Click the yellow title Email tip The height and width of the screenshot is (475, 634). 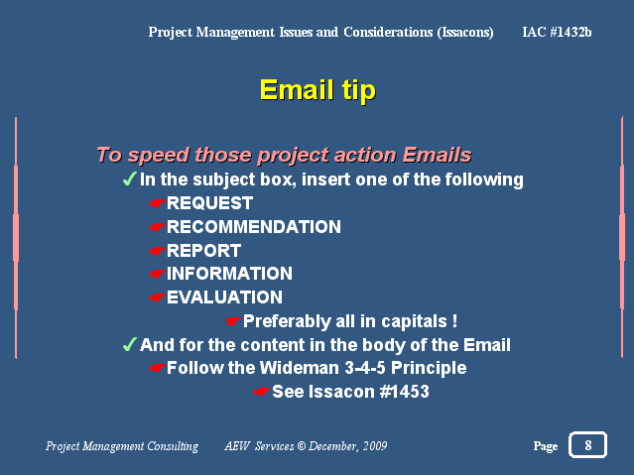(x=317, y=90)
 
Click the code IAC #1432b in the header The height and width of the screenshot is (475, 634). (x=557, y=32)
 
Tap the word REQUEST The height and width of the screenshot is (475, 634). (x=210, y=203)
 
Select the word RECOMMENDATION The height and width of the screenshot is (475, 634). (x=254, y=227)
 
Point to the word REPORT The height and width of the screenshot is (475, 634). (x=204, y=251)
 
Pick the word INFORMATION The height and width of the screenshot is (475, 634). (x=229, y=274)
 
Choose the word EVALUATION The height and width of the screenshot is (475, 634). (x=225, y=297)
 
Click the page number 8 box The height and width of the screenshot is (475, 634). (x=587, y=444)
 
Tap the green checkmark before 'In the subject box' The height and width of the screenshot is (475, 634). (x=129, y=178)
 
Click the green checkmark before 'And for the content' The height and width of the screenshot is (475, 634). (x=129, y=344)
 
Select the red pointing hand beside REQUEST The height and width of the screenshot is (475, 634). (x=158, y=203)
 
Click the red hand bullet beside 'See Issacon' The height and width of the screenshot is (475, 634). (x=262, y=392)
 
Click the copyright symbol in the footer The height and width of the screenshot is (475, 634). (x=302, y=446)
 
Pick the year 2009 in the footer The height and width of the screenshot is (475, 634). (x=375, y=446)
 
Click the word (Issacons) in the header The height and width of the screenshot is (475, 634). (x=465, y=33)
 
